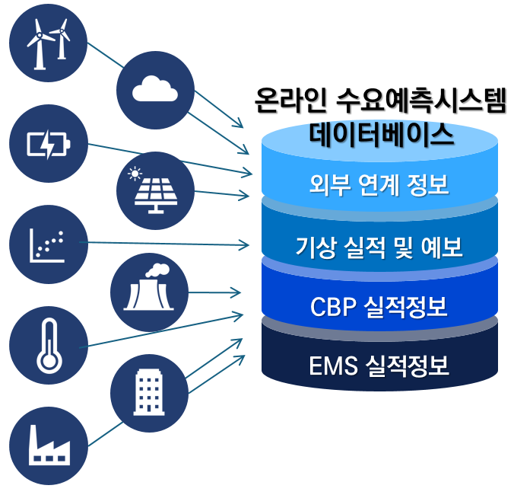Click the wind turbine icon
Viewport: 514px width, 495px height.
[x=48, y=40]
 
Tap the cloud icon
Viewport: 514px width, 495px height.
[x=155, y=90]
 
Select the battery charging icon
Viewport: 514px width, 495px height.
[x=48, y=143]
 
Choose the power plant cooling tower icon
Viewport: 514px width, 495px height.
[x=149, y=292]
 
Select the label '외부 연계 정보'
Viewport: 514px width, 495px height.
[x=379, y=184]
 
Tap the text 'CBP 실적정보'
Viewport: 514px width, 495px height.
[x=379, y=307]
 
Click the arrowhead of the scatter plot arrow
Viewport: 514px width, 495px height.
[x=246, y=244]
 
